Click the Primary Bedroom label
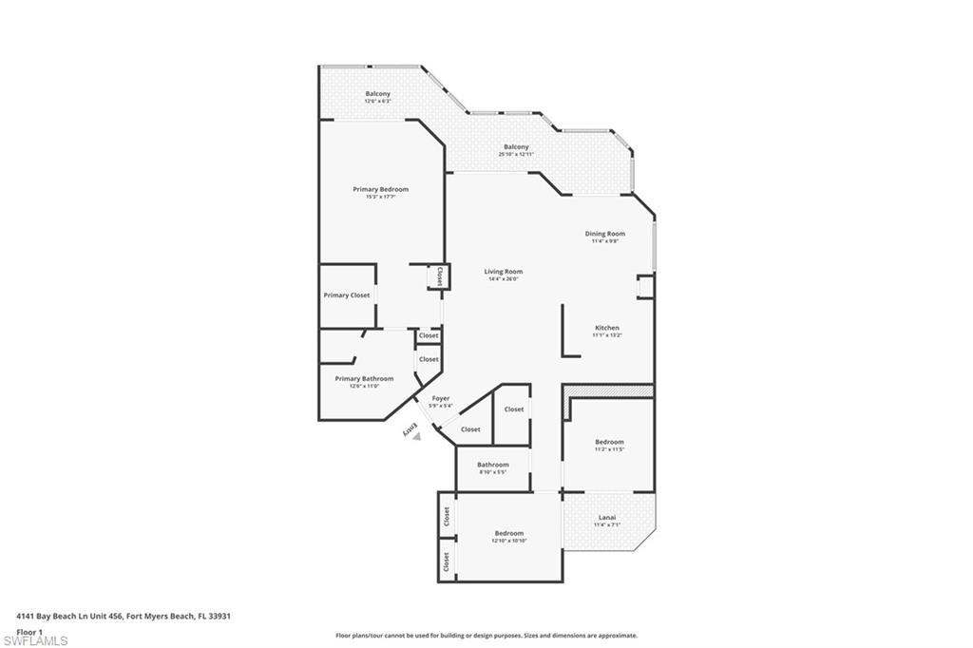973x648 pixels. tap(380, 189)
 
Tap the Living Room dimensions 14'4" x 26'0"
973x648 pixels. tap(504, 279)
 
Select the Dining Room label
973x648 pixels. tap(604, 234)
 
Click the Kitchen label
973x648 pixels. tap(606, 328)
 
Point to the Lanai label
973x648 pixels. tap(606, 518)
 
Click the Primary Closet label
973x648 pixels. tap(346, 295)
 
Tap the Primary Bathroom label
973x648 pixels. tap(364, 378)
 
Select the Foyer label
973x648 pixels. tap(441, 398)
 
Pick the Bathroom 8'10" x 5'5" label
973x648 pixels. tap(492, 465)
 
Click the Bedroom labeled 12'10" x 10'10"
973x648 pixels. tap(508, 533)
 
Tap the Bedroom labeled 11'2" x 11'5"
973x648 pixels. tap(609, 442)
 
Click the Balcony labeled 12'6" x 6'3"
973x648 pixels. tap(377, 94)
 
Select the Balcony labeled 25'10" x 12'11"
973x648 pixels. tap(516, 147)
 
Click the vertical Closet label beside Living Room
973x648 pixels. tap(439, 276)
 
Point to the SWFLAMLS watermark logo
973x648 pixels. tap(34, 640)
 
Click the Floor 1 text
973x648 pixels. tap(30, 631)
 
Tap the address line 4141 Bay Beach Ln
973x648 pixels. tap(124, 616)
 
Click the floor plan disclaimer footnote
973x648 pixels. tap(486, 636)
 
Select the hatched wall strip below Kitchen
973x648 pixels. tap(608, 391)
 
